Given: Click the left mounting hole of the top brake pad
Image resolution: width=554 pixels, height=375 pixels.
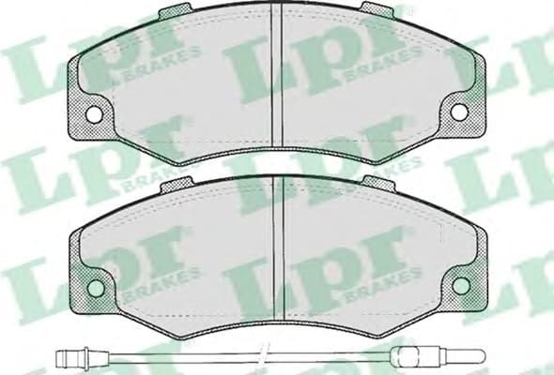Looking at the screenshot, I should coord(94,112).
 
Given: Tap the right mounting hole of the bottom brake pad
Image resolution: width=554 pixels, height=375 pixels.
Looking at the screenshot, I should coord(459,282).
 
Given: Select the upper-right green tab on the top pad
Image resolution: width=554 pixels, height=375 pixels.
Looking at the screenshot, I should coord(375,10).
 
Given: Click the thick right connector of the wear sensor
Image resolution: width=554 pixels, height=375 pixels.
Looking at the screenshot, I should coord(406,354).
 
